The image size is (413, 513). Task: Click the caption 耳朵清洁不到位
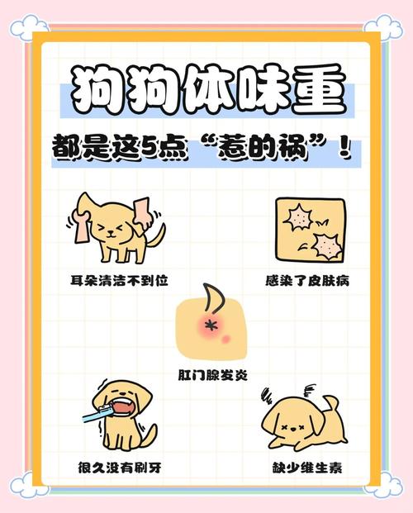point(119,281)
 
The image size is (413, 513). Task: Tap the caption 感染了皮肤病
point(307,281)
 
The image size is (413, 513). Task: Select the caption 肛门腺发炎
point(211,374)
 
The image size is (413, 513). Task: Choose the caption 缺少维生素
point(308,468)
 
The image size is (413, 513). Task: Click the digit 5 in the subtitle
point(185,152)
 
